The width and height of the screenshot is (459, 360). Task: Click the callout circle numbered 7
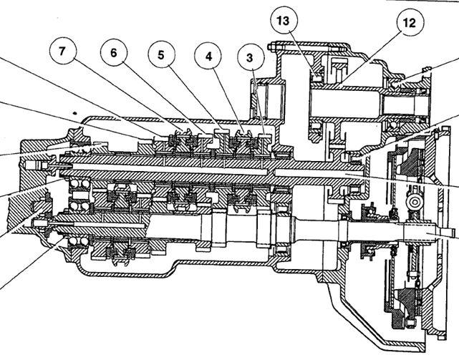point(62,52)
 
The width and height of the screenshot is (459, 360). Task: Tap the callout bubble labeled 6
point(114,53)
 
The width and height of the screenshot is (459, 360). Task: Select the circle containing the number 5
point(161,55)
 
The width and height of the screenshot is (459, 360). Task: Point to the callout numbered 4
point(208,57)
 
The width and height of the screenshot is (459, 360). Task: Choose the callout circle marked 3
point(249,58)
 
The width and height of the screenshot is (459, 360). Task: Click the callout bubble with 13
point(284,21)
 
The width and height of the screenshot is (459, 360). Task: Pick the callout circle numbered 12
point(410,23)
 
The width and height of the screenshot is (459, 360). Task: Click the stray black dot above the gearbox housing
point(75,112)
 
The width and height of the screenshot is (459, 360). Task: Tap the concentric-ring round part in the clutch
point(415,202)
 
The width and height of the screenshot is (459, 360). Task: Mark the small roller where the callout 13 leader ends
point(316,78)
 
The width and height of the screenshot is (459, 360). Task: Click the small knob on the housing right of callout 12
point(427,69)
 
